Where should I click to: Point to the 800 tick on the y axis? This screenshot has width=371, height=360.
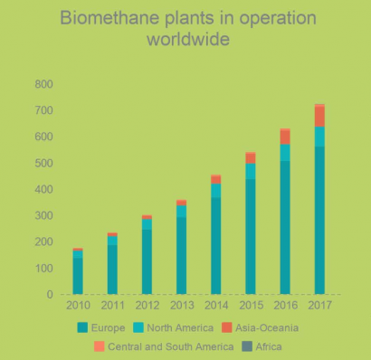click(43, 84)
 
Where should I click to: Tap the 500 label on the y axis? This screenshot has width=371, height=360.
click(43, 163)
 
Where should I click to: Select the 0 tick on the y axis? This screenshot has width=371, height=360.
click(50, 295)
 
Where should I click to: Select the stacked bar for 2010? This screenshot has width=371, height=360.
click(78, 271)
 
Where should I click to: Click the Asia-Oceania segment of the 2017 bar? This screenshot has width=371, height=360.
click(319, 116)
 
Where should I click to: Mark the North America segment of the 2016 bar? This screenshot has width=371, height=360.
click(285, 153)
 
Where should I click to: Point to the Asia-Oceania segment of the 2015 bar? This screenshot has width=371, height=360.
click(251, 157)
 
